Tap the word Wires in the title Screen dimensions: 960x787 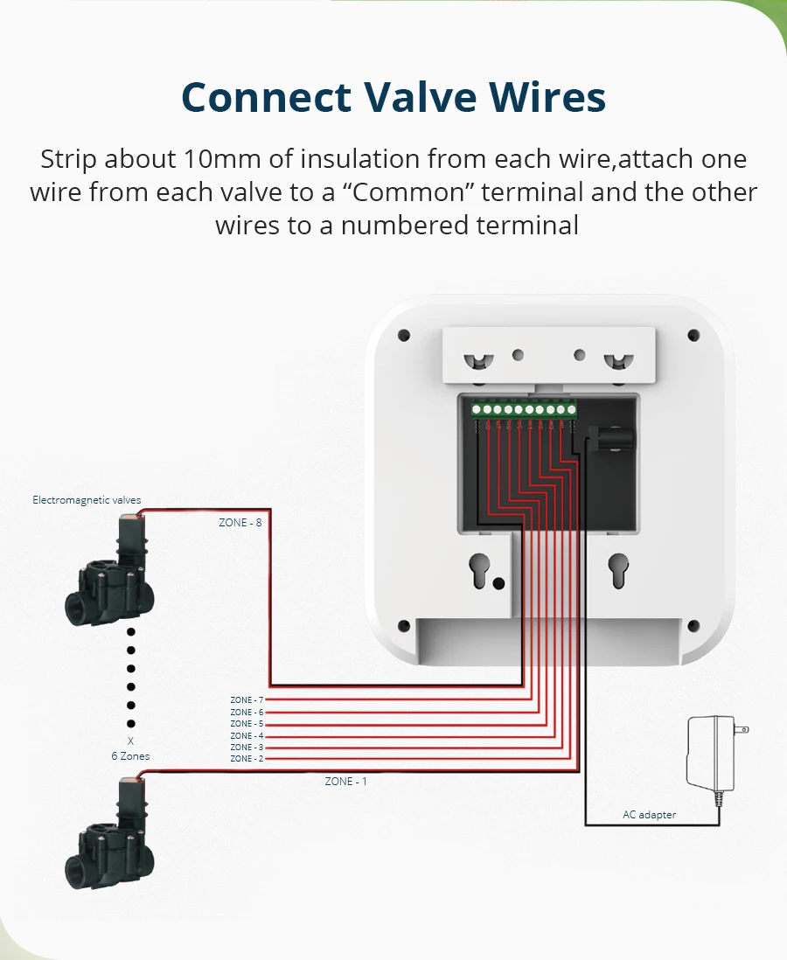[544, 97]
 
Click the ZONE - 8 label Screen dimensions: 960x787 [240, 522]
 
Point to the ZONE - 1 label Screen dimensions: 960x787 [346, 781]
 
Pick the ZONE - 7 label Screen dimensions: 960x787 [247, 700]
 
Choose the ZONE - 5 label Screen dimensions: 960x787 [247, 724]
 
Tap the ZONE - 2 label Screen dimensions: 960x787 [247, 759]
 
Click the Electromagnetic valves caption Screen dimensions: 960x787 [87, 500]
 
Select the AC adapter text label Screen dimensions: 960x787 [649, 815]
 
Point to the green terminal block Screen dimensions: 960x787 [523, 408]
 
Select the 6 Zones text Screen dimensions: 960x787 [130, 756]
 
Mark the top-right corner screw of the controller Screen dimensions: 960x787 [693, 335]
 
